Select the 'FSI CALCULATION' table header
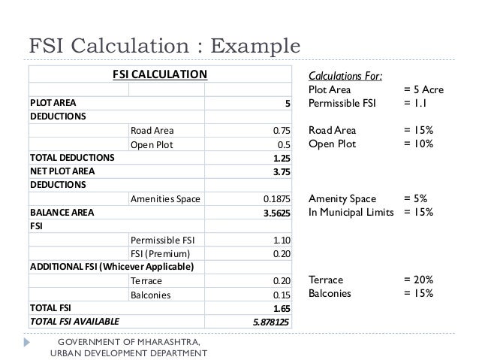click(x=159, y=74)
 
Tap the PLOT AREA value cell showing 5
click(x=287, y=102)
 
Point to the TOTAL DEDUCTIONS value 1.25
click(x=282, y=158)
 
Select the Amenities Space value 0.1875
click(x=276, y=199)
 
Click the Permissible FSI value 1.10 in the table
click(x=282, y=241)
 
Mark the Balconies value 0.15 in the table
click(x=282, y=295)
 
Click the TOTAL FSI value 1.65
click(x=282, y=308)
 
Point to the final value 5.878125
click(x=271, y=322)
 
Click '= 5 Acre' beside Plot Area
click(x=423, y=89)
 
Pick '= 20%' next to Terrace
click(x=418, y=280)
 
